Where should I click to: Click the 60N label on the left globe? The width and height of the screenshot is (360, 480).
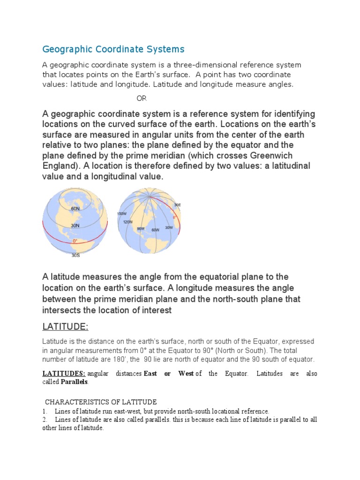pyautogui.click(x=75, y=208)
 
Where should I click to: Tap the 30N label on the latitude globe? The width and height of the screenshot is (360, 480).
pyautogui.click(x=75, y=225)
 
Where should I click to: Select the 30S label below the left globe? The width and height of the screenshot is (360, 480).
pyautogui.click(x=75, y=255)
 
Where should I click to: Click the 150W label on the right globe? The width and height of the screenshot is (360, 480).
pyautogui.click(x=122, y=214)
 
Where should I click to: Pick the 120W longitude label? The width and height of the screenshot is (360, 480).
pyautogui.click(x=128, y=222)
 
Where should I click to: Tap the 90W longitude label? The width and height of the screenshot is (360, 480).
pyautogui.click(x=141, y=228)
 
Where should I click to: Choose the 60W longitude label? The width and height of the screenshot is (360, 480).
pyautogui.click(x=155, y=230)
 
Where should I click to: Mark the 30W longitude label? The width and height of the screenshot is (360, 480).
pyautogui.click(x=169, y=227)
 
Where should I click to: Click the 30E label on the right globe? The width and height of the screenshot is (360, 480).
pyautogui.click(x=177, y=205)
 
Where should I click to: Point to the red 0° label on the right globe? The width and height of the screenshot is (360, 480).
pyautogui.click(x=175, y=217)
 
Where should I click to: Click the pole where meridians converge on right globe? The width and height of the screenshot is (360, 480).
pyautogui.click(x=150, y=192)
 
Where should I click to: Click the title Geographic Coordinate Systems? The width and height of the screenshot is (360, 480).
pyautogui.click(x=113, y=49)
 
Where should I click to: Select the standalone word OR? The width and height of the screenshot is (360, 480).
pyautogui.click(x=141, y=98)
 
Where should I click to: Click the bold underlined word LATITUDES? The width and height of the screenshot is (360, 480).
pyautogui.click(x=64, y=374)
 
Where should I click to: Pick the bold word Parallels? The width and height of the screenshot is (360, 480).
pyautogui.click(x=74, y=382)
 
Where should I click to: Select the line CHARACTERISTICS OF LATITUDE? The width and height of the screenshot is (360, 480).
pyautogui.click(x=101, y=402)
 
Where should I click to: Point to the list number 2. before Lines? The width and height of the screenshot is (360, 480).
pyautogui.click(x=45, y=420)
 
